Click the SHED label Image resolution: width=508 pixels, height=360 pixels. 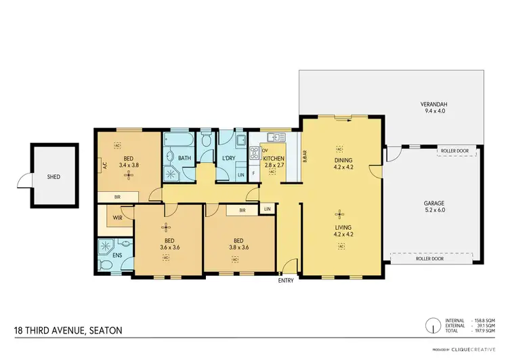54,177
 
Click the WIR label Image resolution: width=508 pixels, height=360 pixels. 117,218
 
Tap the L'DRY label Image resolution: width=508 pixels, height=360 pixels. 228,158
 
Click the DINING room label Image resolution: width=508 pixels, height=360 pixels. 341,160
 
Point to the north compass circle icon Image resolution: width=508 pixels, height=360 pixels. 429,326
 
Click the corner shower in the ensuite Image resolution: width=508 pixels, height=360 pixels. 106,247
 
